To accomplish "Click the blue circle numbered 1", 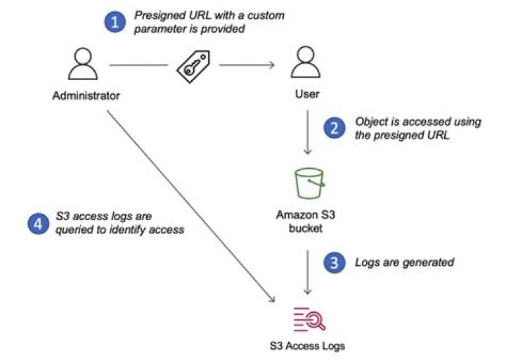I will [x=113, y=23].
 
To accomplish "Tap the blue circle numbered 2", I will [x=333, y=128].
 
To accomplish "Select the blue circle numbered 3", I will [x=333, y=264].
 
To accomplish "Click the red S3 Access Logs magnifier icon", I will [x=308, y=318].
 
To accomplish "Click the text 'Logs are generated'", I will [x=404, y=262].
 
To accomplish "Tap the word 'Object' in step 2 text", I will [x=372, y=122].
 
